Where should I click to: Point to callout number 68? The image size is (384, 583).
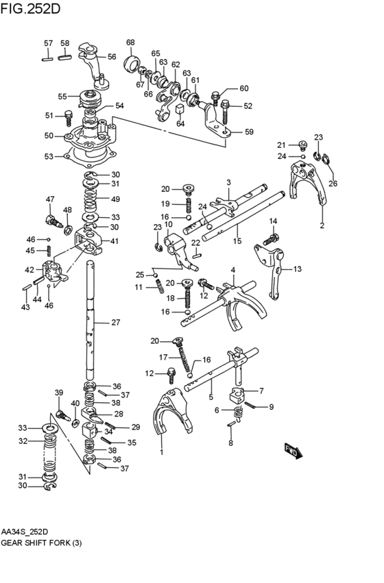tap(130, 42)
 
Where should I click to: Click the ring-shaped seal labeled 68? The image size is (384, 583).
tap(131, 65)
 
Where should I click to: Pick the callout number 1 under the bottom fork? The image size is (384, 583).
tap(162, 452)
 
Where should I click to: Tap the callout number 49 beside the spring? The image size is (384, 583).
tap(115, 199)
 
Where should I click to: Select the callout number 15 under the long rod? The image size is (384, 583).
tap(237, 241)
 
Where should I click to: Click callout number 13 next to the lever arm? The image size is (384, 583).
tap(297, 269)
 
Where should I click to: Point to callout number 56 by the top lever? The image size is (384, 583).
tap(112, 57)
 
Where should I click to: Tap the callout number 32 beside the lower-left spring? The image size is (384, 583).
tap(23, 441)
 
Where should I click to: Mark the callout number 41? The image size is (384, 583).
tap(114, 241)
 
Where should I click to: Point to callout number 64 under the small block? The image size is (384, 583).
tap(180, 124)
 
